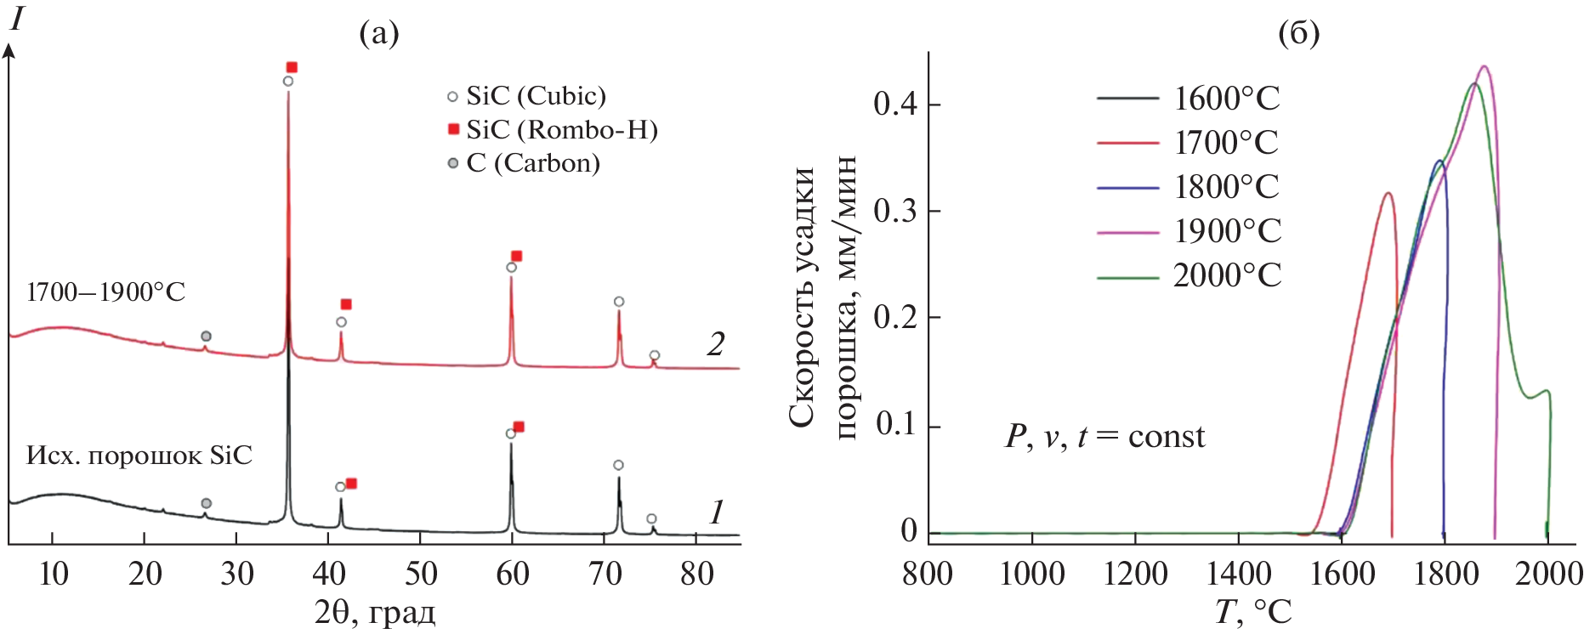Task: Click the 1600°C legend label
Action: click(1226, 99)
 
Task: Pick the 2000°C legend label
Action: click(1226, 275)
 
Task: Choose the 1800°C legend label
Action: click(1226, 187)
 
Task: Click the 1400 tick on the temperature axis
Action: click(1239, 574)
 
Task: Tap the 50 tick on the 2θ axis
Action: click(420, 575)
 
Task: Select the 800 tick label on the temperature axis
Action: click(928, 574)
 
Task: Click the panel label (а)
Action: click(378, 34)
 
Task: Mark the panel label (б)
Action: click(1299, 34)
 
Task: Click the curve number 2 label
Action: click(716, 344)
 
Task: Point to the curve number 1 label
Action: click(716, 512)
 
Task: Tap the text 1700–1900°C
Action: click(105, 292)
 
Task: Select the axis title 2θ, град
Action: click(375, 612)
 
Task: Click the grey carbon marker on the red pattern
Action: click(206, 337)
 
